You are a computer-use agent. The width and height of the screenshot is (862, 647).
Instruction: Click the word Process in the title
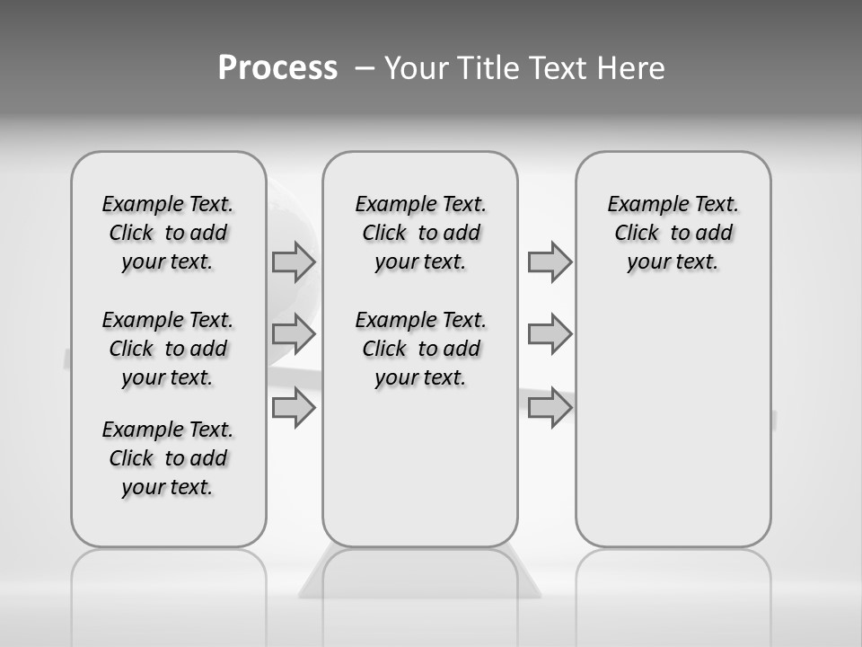(277, 68)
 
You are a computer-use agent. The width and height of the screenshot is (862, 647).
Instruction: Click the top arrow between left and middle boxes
(294, 261)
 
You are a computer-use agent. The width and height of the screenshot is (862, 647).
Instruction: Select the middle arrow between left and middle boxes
(294, 334)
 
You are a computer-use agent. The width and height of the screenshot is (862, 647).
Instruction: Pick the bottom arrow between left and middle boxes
(294, 408)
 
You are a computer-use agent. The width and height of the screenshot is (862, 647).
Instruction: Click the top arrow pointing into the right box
(550, 261)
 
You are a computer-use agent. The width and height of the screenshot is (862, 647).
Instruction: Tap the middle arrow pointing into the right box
(550, 334)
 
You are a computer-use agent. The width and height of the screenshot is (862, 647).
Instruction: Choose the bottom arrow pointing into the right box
(550, 408)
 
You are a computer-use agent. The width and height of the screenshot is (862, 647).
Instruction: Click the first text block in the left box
(168, 233)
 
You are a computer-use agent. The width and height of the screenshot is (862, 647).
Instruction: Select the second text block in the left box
(168, 349)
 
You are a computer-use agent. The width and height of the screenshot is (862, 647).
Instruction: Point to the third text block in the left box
(168, 458)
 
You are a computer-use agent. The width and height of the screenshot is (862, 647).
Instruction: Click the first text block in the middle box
(420, 233)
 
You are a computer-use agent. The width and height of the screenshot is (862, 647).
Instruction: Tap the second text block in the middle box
(420, 349)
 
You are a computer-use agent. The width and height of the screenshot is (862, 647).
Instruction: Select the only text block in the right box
(673, 233)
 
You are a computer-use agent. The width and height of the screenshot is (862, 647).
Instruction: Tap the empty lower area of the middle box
(420, 467)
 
